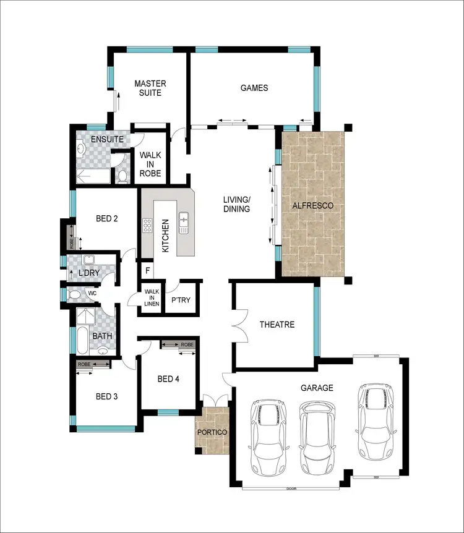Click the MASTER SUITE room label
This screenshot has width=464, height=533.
(x=148, y=88)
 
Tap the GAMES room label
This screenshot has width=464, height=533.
(x=254, y=88)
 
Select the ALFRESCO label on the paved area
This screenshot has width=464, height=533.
(x=313, y=205)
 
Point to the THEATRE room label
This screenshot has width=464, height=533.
(x=277, y=325)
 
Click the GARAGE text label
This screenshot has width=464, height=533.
(x=317, y=388)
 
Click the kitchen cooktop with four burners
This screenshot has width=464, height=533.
(x=147, y=226)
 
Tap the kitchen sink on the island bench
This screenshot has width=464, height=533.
(x=184, y=222)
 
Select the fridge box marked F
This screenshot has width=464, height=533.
(x=147, y=270)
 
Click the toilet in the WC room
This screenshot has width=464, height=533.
(x=74, y=294)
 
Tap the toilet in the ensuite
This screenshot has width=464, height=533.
(x=122, y=177)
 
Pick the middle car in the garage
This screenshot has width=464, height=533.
(x=318, y=432)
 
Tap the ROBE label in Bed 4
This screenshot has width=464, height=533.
(x=187, y=344)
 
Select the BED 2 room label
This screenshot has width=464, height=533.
(x=107, y=218)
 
